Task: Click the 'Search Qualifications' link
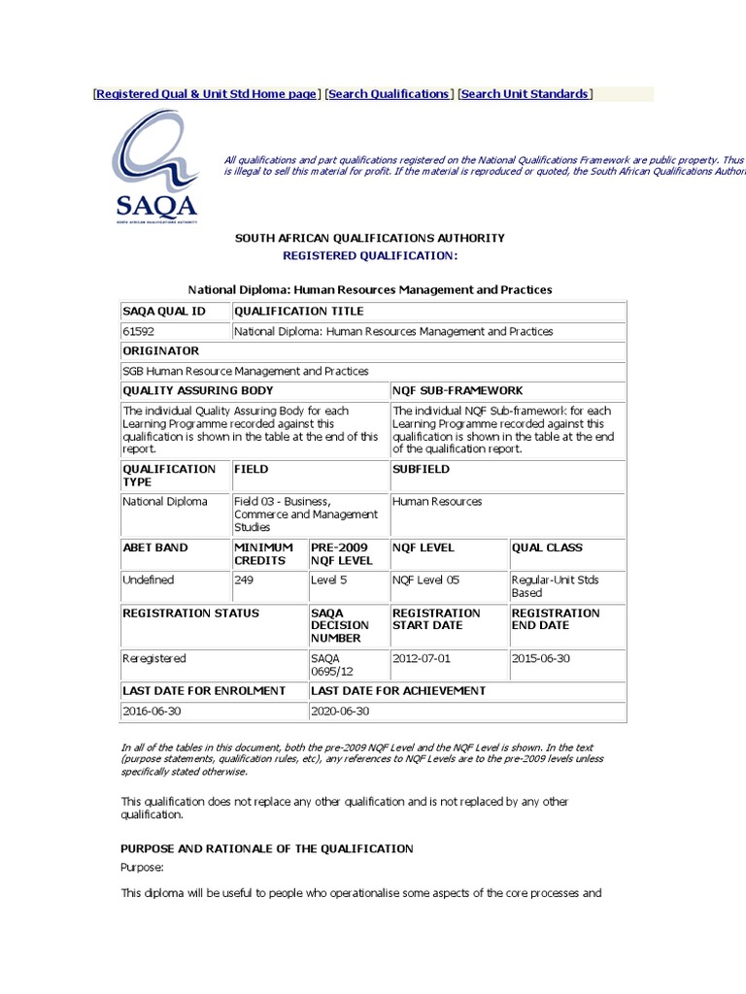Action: [x=389, y=94]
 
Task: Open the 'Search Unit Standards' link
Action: [x=525, y=94]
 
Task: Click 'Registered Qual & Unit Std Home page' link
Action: [x=206, y=94]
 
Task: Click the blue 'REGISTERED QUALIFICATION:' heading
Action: [x=368, y=255]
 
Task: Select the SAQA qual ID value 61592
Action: [x=138, y=331]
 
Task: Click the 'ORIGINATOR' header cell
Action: [x=160, y=350]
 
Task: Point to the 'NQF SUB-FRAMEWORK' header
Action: [x=458, y=389]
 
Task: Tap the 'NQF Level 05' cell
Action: [x=426, y=580]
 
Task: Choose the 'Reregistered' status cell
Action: [x=153, y=658]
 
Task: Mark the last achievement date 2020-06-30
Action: [x=341, y=711]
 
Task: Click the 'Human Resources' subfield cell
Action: [x=437, y=502]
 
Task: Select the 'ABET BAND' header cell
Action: [x=154, y=547]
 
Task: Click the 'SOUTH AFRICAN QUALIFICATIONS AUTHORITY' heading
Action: [x=368, y=238]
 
